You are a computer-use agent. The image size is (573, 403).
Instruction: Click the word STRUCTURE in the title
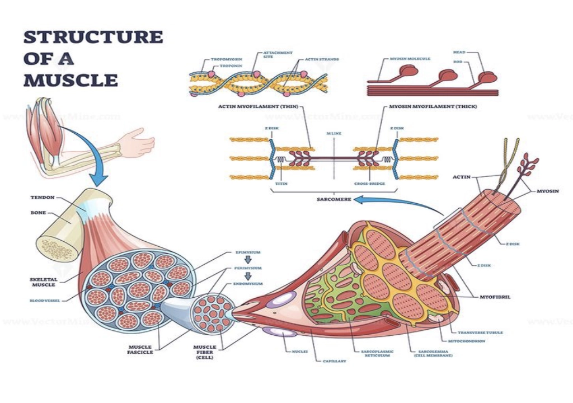pyautogui.click(x=93, y=38)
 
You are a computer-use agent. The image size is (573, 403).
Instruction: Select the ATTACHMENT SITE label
pyautogui.click(x=278, y=55)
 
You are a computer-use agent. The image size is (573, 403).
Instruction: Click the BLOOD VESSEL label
pyautogui.click(x=44, y=301)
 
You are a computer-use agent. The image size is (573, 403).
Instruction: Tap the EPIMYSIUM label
pyautogui.click(x=247, y=252)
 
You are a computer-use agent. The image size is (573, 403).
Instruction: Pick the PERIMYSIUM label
pyautogui.click(x=247, y=268)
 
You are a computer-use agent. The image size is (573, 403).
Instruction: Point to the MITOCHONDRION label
pyautogui.click(x=466, y=341)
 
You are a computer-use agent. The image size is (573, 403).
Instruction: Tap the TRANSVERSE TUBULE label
pyautogui.click(x=480, y=332)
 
